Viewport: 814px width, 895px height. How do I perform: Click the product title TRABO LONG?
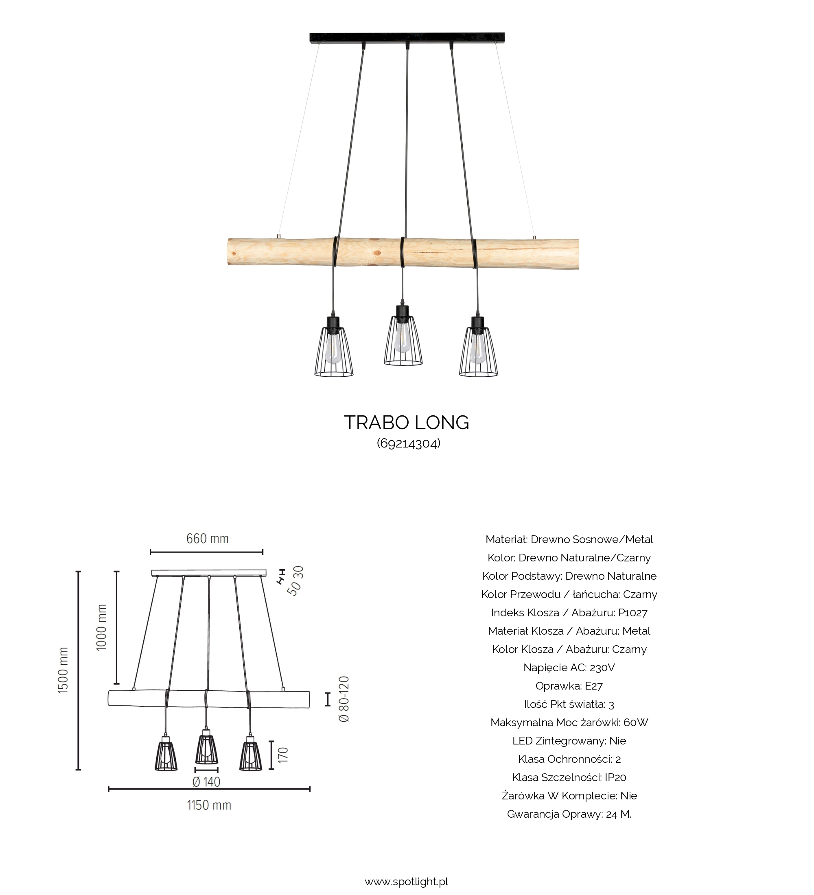pyautogui.click(x=406, y=423)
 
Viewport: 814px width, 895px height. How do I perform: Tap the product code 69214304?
pyautogui.click(x=409, y=443)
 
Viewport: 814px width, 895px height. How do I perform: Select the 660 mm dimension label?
pyautogui.click(x=208, y=539)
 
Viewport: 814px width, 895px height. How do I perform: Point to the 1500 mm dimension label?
pyautogui.click(x=63, y=670)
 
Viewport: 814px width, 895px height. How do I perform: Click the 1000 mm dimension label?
pyautogui.click(x=102, y=627)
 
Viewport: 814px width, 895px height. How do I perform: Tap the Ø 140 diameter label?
pyautogui.click(x=206, y=782)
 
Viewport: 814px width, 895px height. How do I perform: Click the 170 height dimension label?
pyautogui.click(x=283, y=755)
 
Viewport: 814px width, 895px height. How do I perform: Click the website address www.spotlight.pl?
pyautogui.click(x=406, y=881)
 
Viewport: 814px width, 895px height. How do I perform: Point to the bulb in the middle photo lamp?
pyautogui.click(x=403, y=338)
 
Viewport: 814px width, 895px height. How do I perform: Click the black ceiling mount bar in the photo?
pyautogui.click(x=407, y=37)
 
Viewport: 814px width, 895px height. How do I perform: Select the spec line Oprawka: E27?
pyautogui.click(x=569, y=686)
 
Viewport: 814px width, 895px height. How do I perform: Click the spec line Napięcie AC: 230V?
pyautogui.click(x=569, y=668)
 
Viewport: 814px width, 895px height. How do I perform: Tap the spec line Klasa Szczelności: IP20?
pyautogui.click(x=569, y=777)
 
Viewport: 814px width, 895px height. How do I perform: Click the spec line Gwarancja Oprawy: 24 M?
pyautogui.click(x=569, y=814)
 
